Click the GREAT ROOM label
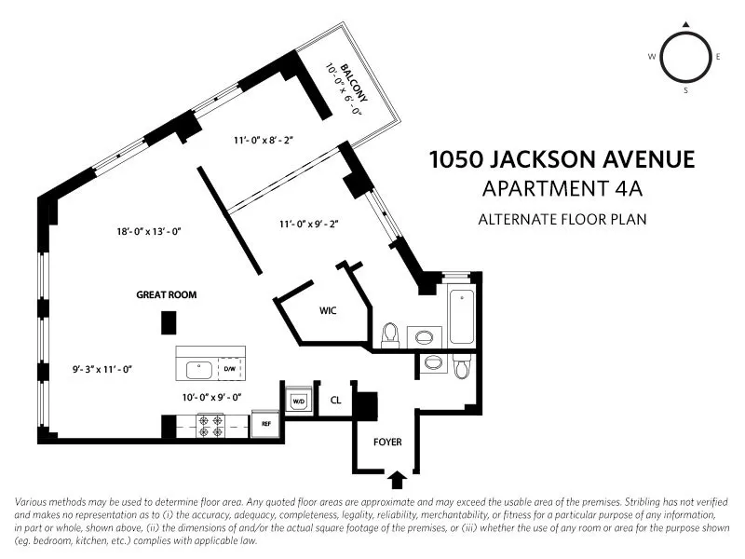167,295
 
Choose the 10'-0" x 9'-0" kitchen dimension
211,397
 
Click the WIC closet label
327,311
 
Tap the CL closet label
335,402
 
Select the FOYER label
387,443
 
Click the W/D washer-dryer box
299,402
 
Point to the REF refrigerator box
265,423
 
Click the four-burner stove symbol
210,426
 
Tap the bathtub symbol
463,317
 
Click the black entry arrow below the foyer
396,480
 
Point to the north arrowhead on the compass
686,25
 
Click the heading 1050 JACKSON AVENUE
562,159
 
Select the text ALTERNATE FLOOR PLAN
562,220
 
